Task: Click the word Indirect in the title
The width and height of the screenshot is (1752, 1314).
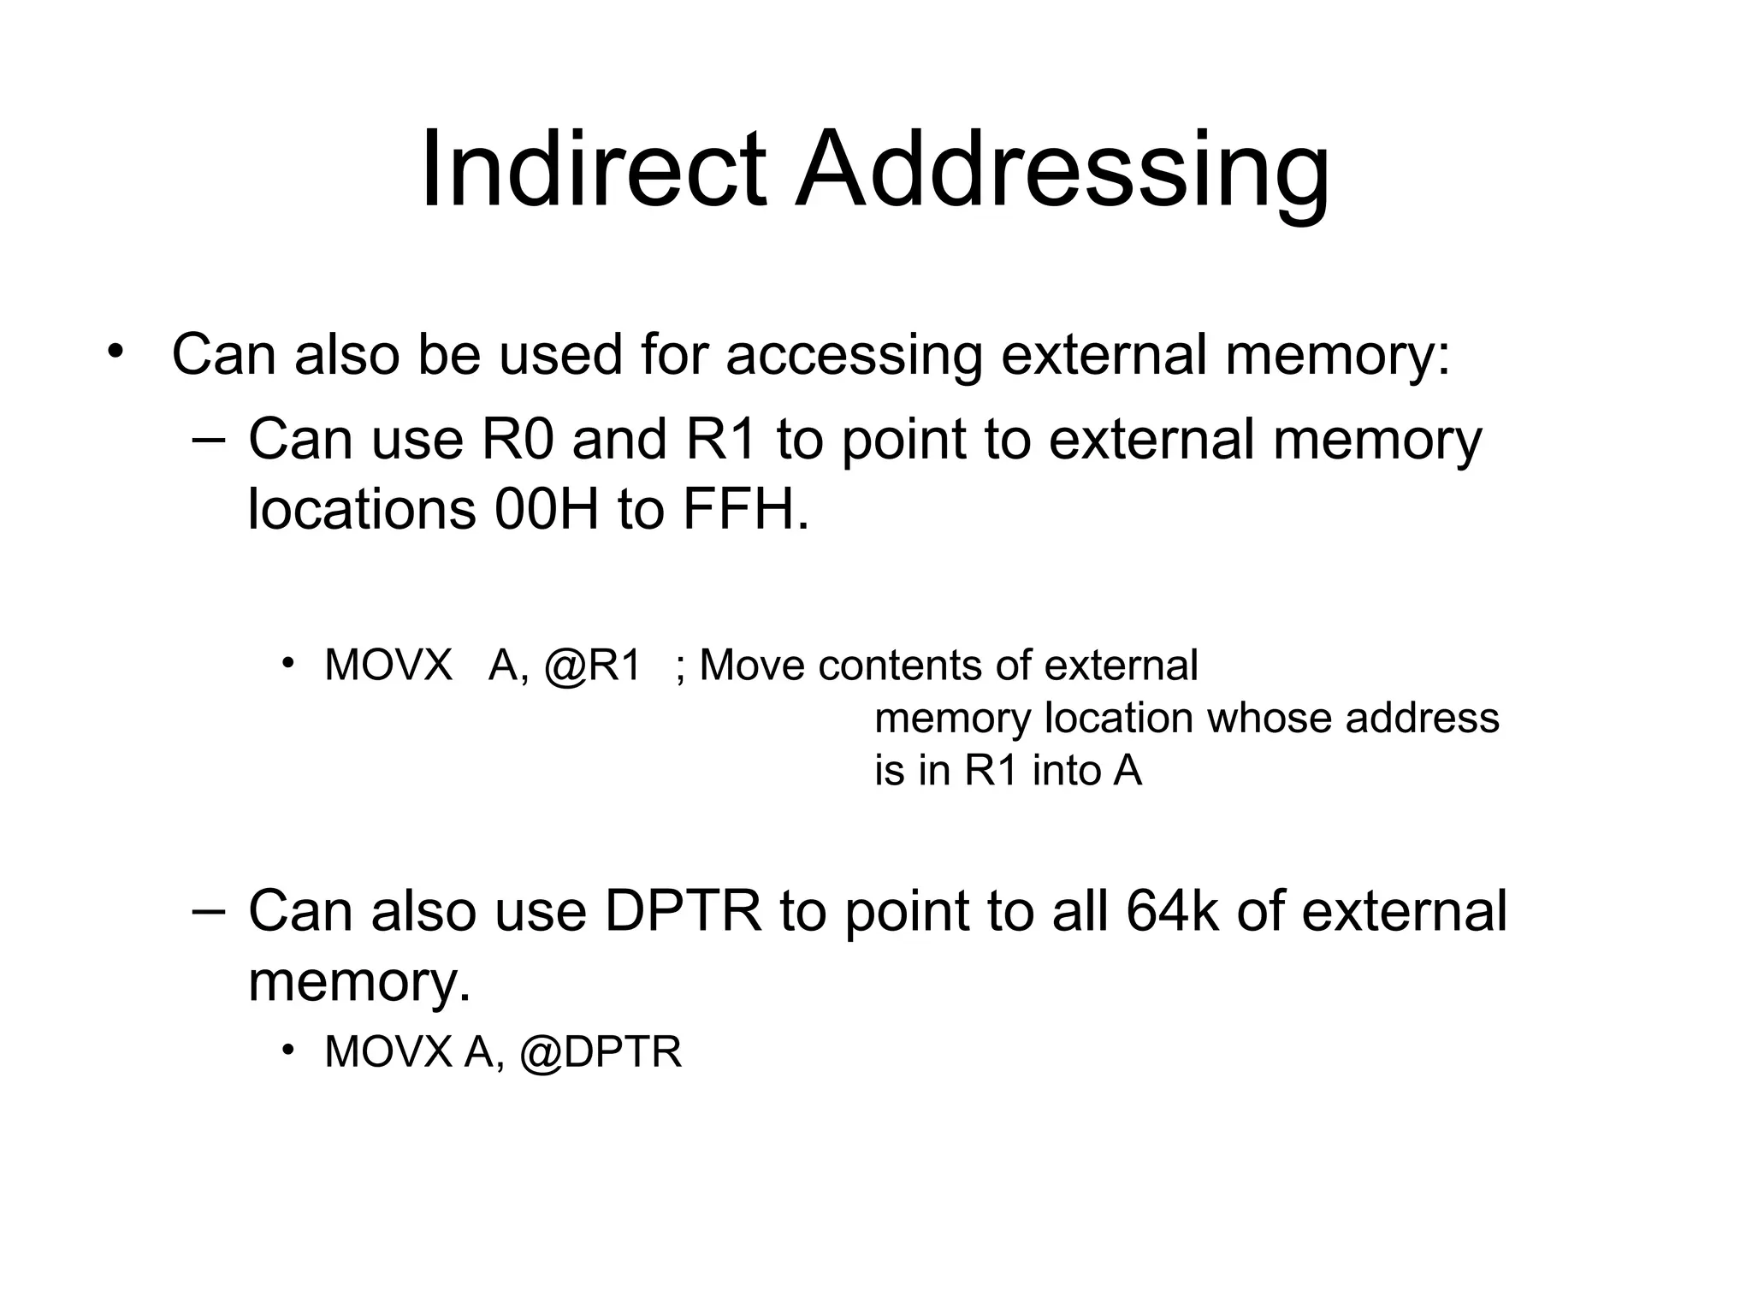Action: (592, 169)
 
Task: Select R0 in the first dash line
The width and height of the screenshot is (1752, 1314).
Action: (518, 440)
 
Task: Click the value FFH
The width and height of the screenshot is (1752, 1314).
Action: (745, 510)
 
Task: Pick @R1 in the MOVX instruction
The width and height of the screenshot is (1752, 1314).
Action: (592, 666)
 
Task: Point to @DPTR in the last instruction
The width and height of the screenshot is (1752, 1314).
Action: (601, 1052)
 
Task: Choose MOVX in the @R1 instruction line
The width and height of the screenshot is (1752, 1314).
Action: (388, 666)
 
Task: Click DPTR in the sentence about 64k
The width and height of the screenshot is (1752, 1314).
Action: (683, 911)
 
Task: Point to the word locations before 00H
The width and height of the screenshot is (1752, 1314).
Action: (361, 510)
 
